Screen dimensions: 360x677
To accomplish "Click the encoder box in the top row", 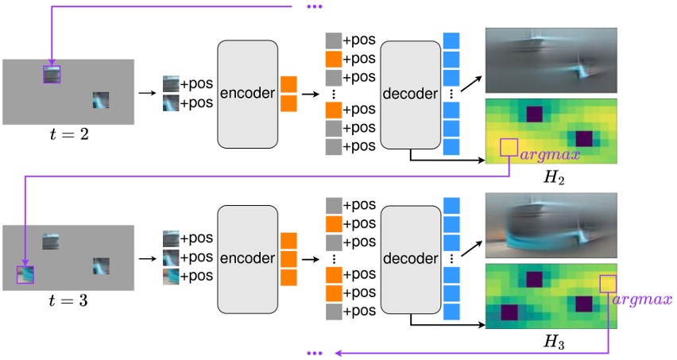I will pyautogui.click(x=247, y=94).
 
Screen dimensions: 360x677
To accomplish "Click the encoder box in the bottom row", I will pyautogui.click(x=247, y=257).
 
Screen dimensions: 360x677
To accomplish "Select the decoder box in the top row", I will pyautogui.click(x=410, y=94).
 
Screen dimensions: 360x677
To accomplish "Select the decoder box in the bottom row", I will pyautogui.click(x=410, y=257).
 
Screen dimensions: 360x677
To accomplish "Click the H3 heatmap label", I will pyautogui.click(x=551, y=344).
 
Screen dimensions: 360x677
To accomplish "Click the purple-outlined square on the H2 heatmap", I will pyautogui.click(x=509, y=148).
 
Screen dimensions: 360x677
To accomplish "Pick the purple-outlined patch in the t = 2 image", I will pyautogui.click(x=52, y=74).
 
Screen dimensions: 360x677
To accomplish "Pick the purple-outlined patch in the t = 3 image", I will pyautogui.click(x=25, y=274).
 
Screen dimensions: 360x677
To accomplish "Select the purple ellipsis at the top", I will pyautogui.click(x=313, y=8).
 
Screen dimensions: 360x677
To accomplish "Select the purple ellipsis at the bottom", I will pyautogui.click(x=313, y=352).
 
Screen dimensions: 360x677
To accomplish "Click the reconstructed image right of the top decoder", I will pyautogui.click(x=551, y=62).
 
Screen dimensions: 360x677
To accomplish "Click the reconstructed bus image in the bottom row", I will pyautogui.click(x=551, y=226).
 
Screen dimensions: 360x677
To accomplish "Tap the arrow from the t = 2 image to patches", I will pyautogui.click(x=147, y=94).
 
